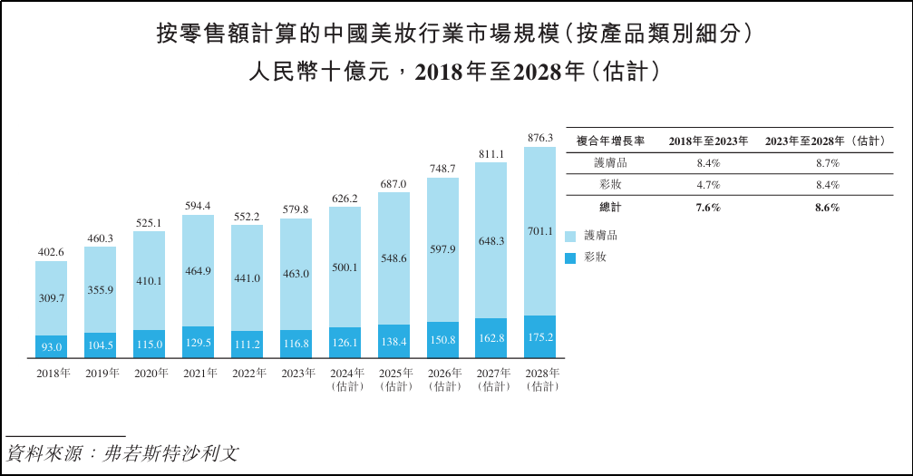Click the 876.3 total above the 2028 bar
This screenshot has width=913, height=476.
coord(539,138)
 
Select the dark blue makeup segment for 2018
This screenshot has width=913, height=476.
coord(52,346)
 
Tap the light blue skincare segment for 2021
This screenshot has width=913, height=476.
coord(199,270)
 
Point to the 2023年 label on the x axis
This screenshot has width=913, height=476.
coord(296,373)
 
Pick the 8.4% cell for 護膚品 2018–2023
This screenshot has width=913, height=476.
coord(708,163)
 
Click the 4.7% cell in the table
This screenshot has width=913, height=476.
coord(708,185)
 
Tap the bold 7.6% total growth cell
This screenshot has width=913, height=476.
coord(708,208)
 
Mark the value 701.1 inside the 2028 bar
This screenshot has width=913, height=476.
coord(540,231)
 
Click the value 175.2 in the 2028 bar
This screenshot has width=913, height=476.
coord(540,337)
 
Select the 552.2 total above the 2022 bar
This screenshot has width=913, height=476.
coord(248,217)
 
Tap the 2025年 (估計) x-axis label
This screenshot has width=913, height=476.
coord(394,379)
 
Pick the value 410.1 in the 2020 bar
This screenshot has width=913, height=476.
coord(150,281)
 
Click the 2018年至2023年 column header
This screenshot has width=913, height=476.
coord(708,141)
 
